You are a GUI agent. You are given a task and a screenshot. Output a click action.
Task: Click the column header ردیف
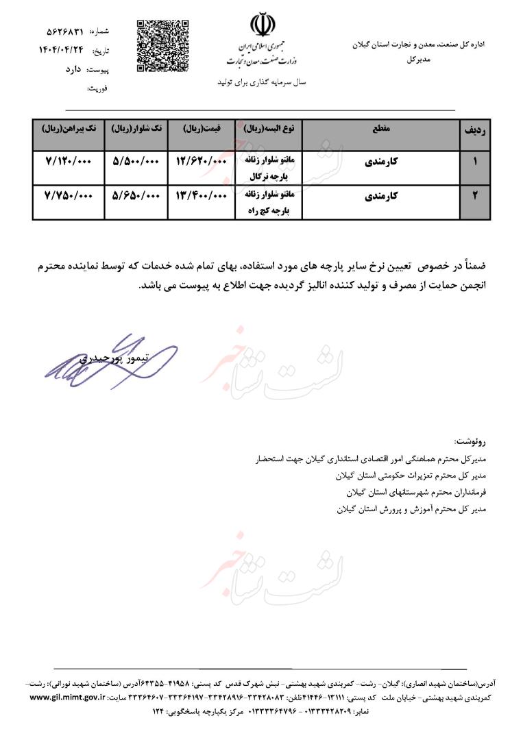(475, 129)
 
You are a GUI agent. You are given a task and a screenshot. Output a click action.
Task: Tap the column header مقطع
(380, 129)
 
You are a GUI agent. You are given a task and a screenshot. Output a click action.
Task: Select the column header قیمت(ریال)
(202, 129)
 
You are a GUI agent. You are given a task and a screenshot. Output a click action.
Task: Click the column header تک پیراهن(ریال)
(67, 129)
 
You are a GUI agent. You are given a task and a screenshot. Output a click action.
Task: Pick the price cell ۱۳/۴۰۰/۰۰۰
(202, 195)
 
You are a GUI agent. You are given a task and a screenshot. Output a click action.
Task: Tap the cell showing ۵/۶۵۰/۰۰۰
(135, 195)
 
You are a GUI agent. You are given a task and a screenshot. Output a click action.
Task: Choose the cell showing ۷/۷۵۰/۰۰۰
(67, 195)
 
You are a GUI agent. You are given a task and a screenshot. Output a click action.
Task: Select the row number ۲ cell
(475, 196)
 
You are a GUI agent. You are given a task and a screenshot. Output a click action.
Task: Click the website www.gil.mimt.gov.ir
(68, 697)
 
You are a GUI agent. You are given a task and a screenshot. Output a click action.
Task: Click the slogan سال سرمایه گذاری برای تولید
(260, 82)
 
